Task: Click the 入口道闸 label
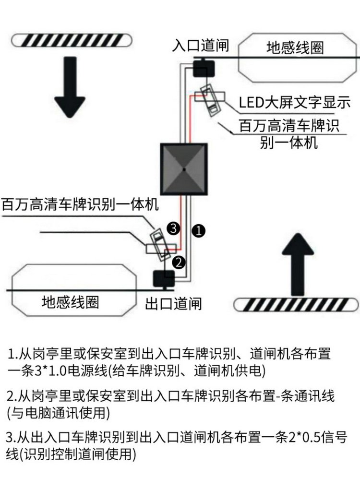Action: click(201, 47)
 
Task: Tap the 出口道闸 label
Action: click(173, 303)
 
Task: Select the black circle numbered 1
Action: click(199, 230)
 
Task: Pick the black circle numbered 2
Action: click(178, 262)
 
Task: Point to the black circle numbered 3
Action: click(173, 227)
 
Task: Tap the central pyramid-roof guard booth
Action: click(184, 169)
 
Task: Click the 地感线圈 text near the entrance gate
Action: click(295, 48)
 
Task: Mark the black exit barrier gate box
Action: click(164, 279)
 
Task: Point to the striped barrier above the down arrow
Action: click(71, 40)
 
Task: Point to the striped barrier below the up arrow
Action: click(296, 304)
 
